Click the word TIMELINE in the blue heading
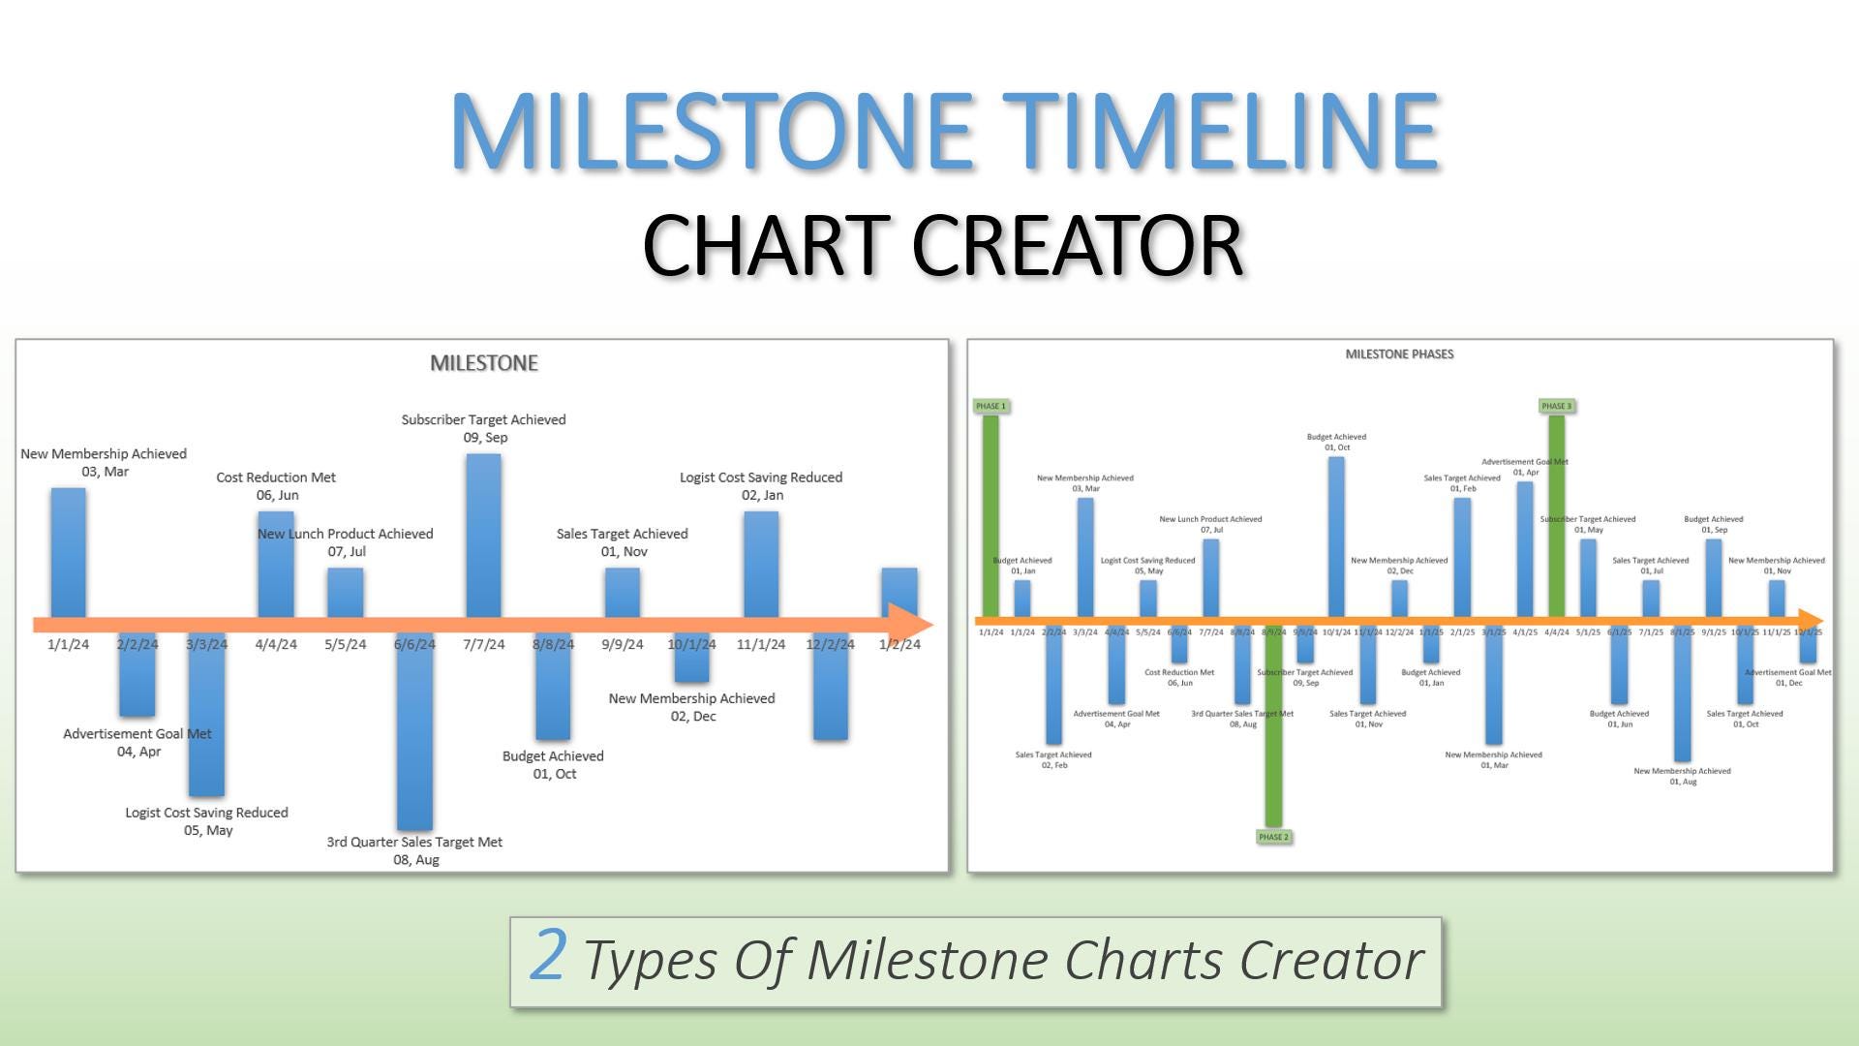tap(1220, 131)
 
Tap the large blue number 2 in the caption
tap(548, 956)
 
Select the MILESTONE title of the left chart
tap(484, 363)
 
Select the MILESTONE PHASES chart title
tap(1399, 354)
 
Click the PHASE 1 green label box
tap(990, 406)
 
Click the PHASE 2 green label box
tap(1273, 837)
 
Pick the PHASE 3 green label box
tap(1556, 406)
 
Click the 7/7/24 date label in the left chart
tap(484, 644)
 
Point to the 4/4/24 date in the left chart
tap(276, 644)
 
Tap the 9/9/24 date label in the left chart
tap(623, 644)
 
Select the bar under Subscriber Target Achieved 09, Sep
tap(483, 533)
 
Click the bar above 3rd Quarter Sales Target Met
tap(414, 736)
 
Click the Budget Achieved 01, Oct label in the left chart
tap(553, 765)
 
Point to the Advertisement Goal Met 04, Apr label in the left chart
tap(137, 743)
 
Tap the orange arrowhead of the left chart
tap(910, 625)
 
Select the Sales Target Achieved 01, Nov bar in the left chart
tap(622, 591)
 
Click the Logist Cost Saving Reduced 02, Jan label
tap(761, 486)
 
